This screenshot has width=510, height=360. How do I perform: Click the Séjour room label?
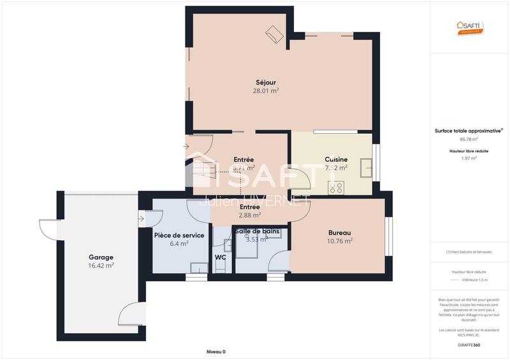pos(266,82)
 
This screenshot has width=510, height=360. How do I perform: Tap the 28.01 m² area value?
pos(266,91)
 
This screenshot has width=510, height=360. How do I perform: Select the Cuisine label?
pos(336,159)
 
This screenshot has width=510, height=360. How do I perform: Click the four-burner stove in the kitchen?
pos(335,187)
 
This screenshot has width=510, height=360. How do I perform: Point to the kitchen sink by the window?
pos(367,168)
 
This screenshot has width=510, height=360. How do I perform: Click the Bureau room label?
pos(340,233)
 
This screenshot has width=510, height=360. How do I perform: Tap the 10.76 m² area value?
pos(340,241)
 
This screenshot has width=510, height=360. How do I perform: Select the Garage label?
pos(101,257)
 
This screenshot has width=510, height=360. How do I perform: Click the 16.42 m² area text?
pos(101,266)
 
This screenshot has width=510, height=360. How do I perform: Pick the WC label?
pos(221,257)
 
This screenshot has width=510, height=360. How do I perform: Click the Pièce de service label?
pos(179,235)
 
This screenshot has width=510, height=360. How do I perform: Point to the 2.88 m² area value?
pos(249,215)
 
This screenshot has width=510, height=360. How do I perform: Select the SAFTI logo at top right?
pos(470,27)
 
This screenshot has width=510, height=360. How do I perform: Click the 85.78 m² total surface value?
pos(469,139)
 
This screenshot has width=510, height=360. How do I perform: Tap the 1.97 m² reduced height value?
pos(469,158)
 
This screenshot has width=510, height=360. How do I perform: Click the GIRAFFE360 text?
pos(469,345)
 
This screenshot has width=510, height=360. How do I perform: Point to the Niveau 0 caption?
pos(216,352)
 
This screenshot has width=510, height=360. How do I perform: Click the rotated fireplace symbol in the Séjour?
pos(275,34)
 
